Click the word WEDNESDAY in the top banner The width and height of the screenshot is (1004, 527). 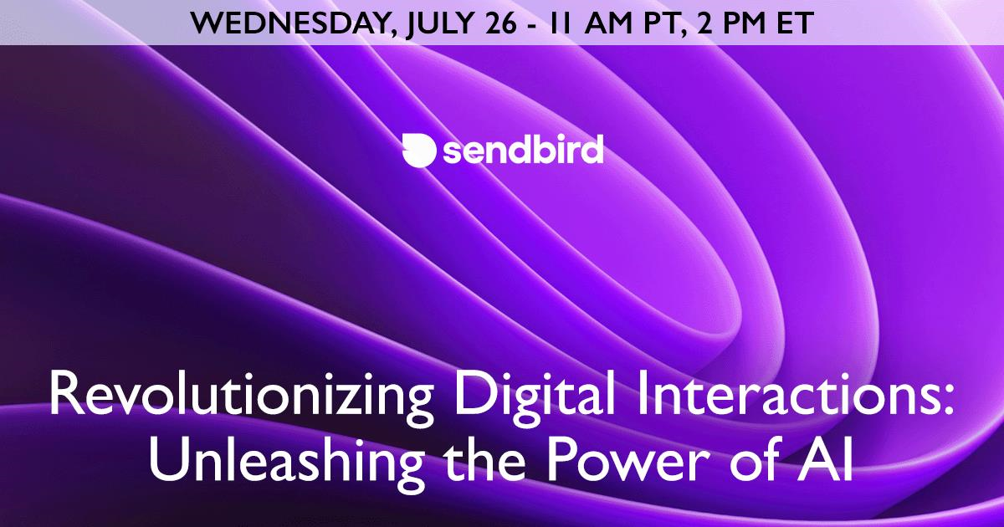290,23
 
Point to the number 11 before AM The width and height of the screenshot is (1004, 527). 560,23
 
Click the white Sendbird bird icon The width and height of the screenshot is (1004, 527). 418,150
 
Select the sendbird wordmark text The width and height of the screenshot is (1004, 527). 523,150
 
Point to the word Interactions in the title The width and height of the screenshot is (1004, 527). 780,393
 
